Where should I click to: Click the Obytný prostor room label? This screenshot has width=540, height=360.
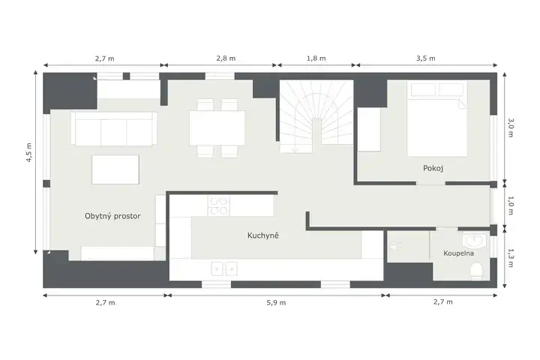coord(112,216)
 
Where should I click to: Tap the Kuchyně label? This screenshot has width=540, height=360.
coord(262,235)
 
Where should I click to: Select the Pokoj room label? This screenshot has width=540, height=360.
coord(433,169)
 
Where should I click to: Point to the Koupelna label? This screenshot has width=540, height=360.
coord(458,253)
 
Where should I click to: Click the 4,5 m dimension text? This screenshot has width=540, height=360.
coord(29,152)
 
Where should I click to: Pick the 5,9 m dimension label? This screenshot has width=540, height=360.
coord(276,303)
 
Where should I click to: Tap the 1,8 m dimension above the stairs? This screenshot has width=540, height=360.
coord(316,58)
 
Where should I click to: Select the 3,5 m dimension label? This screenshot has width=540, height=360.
coord(426,58)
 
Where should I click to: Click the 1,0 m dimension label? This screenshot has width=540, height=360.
coord(511,205)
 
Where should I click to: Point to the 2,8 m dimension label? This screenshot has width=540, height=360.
coord(226,58)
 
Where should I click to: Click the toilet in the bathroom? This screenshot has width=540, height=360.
coord(477,270)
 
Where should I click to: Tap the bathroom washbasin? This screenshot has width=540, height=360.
coord(475,240)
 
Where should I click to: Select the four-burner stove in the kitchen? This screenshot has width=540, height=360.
coord(219,205)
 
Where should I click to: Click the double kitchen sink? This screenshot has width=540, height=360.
coord(223,268)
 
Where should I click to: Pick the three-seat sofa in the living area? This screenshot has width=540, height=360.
coord(114,128)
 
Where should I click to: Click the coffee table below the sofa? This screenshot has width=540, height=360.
coord(115,169)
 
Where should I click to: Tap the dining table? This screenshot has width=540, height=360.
coord(217,127)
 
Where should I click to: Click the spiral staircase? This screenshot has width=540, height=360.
coord(316,116)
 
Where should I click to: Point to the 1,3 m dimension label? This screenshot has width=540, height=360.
coord(511,258)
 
